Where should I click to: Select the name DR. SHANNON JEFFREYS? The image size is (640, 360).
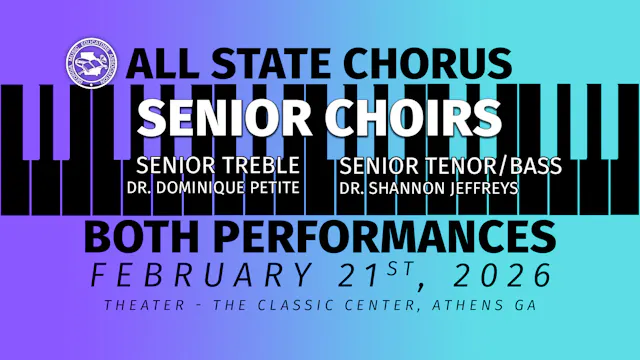pos(429,186)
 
